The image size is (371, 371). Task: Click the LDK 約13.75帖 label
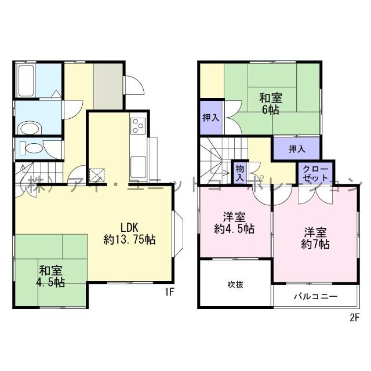pyautogui.click(x=129, y=232)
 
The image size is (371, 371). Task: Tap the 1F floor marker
pyautogui.click(x=169, y=293)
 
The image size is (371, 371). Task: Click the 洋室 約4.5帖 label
pyautogui.click(x=234, y=223)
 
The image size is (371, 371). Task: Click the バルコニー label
pyautogui.click(x=315, y=296)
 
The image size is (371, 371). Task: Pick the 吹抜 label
pyautogui.click(x=234, y=284)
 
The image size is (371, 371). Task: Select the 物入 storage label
pyautogui.click(x=239, y=171)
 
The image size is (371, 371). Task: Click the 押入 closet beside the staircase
pyautogui.click(x=210, y=118)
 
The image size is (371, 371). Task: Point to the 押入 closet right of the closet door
pyautogui.click(x=296, y=149)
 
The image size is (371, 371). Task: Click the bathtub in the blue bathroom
pyautogui.click(x=27, y=77)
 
